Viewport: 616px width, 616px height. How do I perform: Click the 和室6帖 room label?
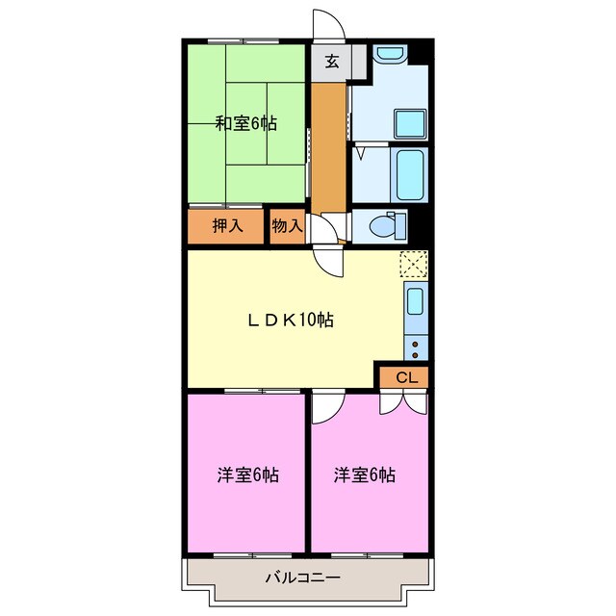point(245,123)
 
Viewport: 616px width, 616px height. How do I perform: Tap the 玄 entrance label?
point(331,63)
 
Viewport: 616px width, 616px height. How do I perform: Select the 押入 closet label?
point(227,227)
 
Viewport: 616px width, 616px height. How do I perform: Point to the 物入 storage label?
point(287,227)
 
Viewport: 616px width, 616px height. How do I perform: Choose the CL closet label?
point(406,377)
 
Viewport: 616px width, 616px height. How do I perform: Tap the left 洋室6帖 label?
point(247,475)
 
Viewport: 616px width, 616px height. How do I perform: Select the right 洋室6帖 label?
point(366,475)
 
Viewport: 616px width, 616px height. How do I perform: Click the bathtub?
point(411,172)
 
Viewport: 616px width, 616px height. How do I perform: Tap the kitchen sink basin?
point(415,301)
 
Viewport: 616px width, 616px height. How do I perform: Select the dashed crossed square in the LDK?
point(414,263)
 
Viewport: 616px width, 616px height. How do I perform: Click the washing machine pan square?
point(411,123)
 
